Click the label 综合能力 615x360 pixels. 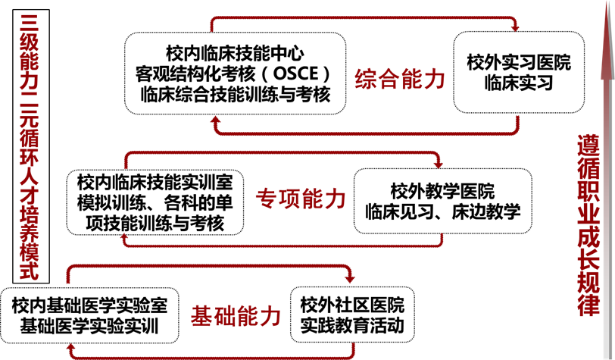pyautogui.click(x=399, y=80)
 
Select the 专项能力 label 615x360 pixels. pyautogui.click(x=301, y=199)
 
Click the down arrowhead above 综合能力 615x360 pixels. pyautogui.click(x=516, y=29)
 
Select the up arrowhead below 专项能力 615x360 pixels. pyautogui.click(x=126, y=240)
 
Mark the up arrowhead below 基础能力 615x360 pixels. pyautogui.click(x=72, y=349)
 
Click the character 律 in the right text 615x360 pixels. pyautogui.click(x=588, y=305)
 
